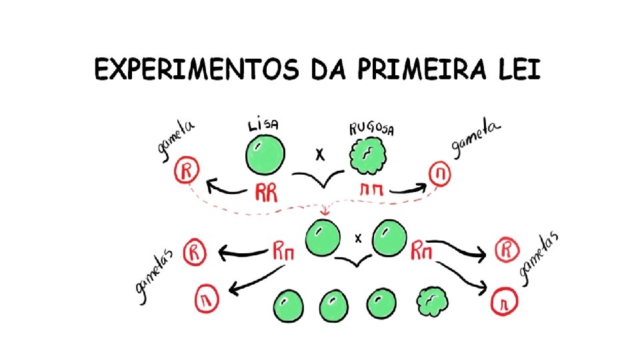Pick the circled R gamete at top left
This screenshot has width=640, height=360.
coord(186,172)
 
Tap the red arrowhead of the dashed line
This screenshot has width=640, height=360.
coord(325,212)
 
